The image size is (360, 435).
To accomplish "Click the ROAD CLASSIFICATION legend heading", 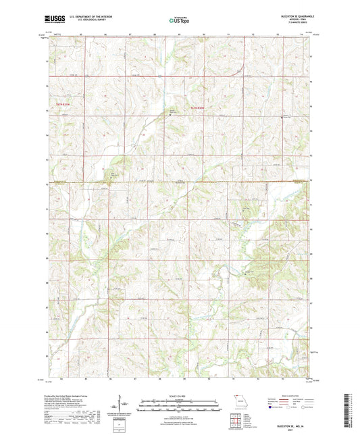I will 290,393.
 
